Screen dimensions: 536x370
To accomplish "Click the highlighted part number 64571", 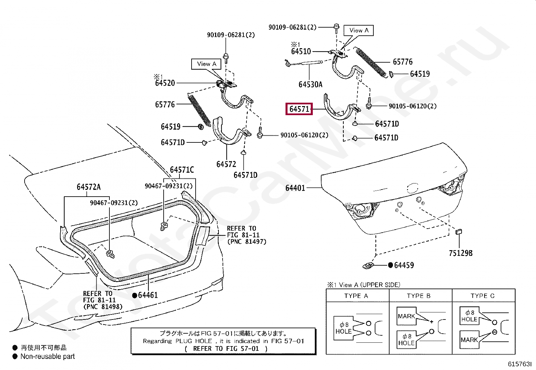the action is point(299,109).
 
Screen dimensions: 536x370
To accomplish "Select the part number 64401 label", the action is point(295,188).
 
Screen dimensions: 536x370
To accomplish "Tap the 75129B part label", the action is point(461,253).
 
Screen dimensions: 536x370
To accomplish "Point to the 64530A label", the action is point(310,85).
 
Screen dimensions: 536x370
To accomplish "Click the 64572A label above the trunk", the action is point(89,187).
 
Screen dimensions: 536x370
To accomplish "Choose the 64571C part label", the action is point(182,170).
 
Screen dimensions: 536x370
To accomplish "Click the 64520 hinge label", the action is point(165,83).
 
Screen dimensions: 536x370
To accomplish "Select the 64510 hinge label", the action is point(301,52).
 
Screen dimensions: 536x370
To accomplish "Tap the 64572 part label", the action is point(226,164).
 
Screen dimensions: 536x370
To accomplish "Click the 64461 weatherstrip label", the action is point(148,295).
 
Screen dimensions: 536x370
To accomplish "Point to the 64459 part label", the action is point(404,265).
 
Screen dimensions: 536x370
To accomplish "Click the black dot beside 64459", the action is point(390,265).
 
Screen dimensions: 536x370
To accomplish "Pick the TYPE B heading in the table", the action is point(419,296).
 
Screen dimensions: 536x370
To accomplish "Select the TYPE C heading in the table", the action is point(482,296).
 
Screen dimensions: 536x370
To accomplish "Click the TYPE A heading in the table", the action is point(356,296).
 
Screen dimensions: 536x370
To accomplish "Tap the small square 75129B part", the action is point(459,232).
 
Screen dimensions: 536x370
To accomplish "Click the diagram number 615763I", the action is point(520,364).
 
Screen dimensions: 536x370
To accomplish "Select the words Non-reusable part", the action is point(47,356).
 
